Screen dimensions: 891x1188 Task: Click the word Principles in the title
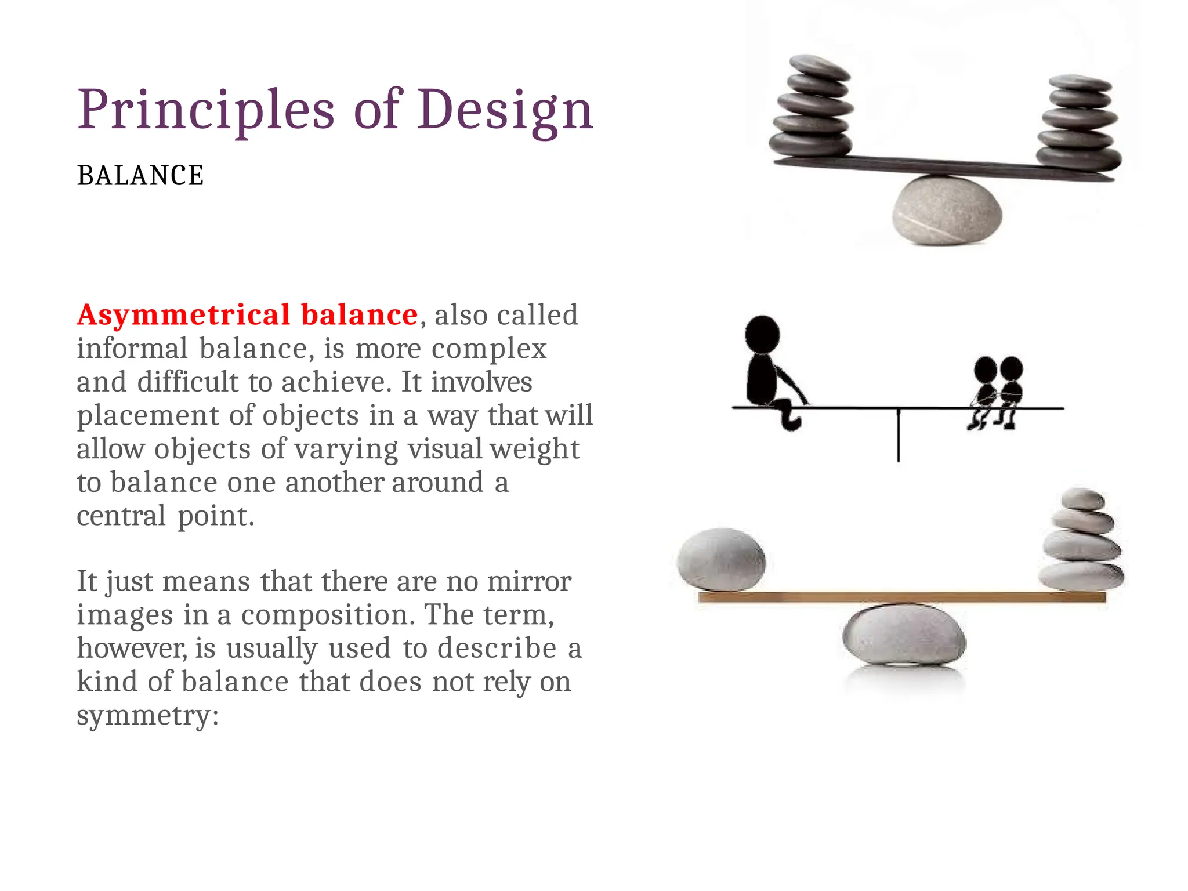click(x=206, y=110)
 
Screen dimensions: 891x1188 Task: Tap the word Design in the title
click(x=505, y=110)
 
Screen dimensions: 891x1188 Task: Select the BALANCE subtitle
click(x=140, y=176)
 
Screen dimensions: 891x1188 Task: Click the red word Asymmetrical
click(x=183, y=316)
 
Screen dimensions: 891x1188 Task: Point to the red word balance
click(x=359, y=315)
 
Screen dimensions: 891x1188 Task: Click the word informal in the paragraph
click(x=132, y=349)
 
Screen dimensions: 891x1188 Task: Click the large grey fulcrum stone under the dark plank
click(x=947, y=210)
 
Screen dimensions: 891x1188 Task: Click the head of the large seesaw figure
click(x=762, y=334)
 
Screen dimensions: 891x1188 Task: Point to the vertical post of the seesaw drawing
click(x=899, y=435)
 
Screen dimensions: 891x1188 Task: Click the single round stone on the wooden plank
click(x=721, y=559)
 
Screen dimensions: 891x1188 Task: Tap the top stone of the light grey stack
click(x=1082, y=499)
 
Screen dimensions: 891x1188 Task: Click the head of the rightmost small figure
click(x=1011, y=368)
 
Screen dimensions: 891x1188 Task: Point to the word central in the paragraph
click(x=122, y=516)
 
